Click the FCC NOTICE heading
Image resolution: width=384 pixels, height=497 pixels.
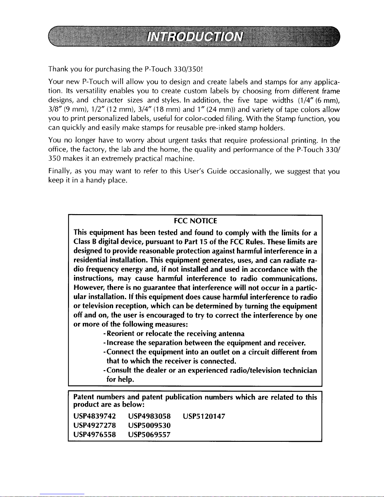coord(195,221)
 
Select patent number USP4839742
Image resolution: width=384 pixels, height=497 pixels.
coord(94,416)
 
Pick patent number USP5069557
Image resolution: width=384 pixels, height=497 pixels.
coord(149,435)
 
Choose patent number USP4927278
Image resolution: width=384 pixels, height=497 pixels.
coord(94,426)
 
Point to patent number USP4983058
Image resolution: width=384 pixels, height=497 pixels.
coord(149,416)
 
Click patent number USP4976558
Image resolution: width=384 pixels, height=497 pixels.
coord(94,435)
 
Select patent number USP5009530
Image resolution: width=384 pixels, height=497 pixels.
coord(149,426)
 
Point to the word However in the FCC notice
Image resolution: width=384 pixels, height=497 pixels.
coord(89,288)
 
